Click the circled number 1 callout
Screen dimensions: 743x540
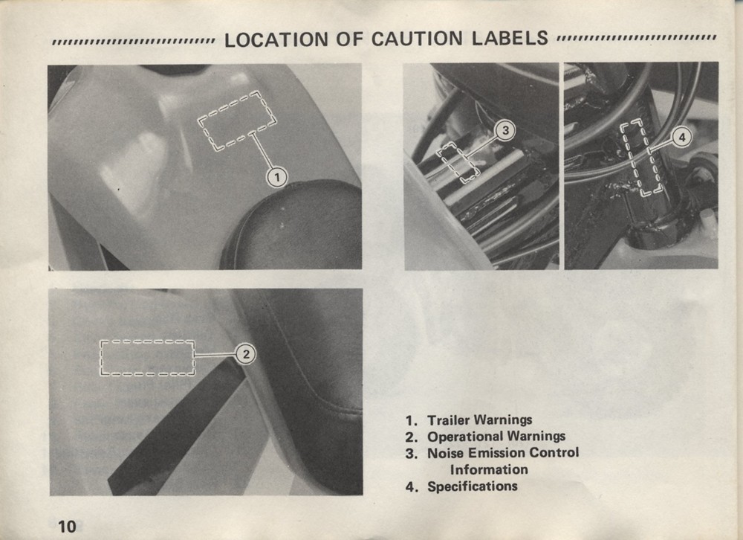tap(276, 178)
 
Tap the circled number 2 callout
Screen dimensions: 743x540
tap(246, 354)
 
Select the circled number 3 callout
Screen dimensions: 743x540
tap(505, 130)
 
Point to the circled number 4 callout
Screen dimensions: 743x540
tap(682, 138)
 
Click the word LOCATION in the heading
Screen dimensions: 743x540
tap(276, 39)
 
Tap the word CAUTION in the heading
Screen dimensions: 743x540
tap(417, 39)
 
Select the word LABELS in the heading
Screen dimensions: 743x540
tap(510, 38)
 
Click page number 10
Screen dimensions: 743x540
tap(67, 526)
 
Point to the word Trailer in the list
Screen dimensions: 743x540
tap(449, 420)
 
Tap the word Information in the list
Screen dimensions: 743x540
tap(489, 470)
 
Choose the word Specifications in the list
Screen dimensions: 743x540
tap(473, 486)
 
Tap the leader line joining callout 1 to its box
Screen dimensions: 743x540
tap(263, 152)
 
